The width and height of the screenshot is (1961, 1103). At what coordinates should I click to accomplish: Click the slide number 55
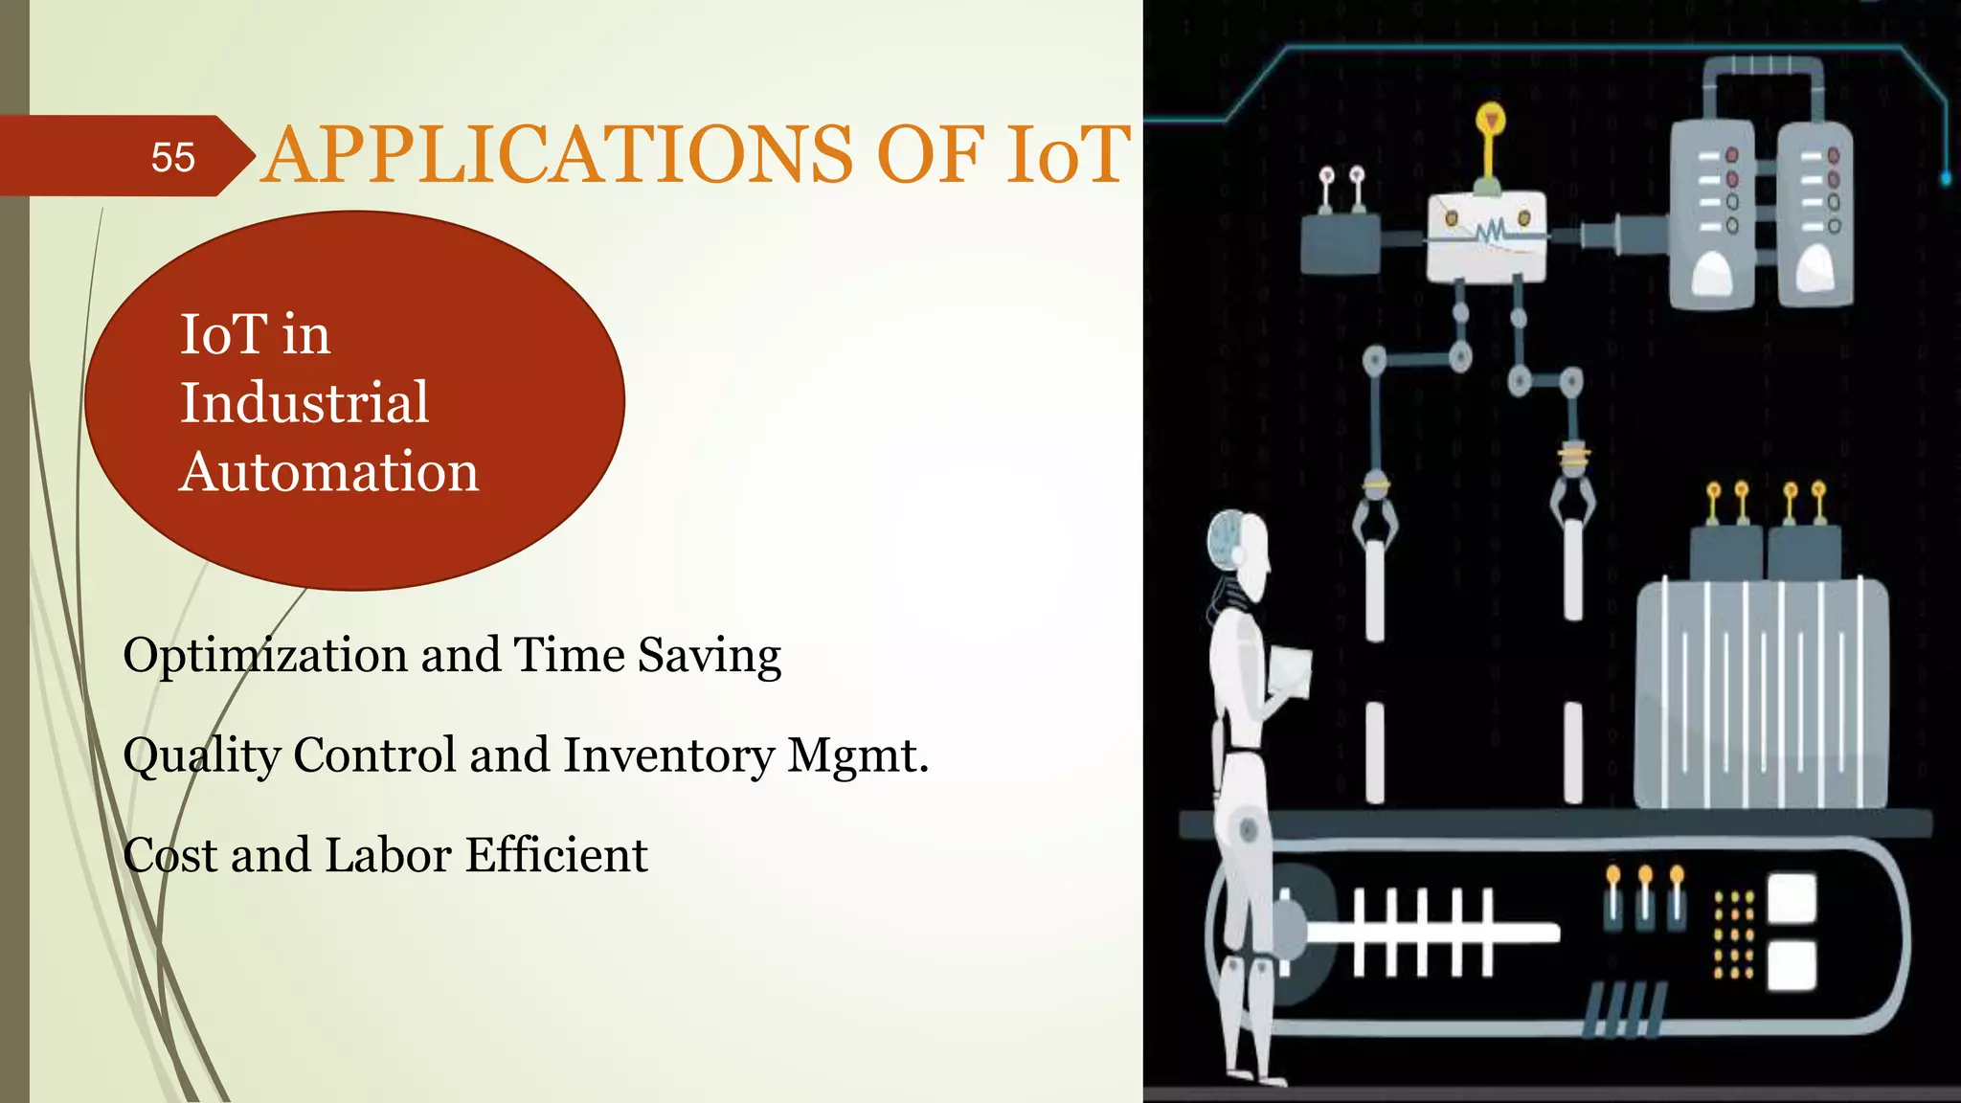coord(173,157)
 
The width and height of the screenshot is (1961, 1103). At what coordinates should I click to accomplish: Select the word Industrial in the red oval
coord(304,402)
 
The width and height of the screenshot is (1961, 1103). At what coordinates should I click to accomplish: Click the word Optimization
coord(265,657)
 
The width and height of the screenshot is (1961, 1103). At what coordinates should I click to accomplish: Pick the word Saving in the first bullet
coord(709,657)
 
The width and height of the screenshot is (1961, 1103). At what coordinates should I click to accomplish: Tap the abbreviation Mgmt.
coord(858,756)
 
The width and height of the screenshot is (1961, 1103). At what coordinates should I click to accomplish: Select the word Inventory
coord(668,756)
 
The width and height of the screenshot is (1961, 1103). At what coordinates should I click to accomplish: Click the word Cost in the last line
coord(170,855)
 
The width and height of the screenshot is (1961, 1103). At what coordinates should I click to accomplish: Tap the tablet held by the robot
coord(1289,671)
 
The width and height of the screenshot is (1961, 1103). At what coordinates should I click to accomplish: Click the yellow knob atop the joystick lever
coord(1490,120)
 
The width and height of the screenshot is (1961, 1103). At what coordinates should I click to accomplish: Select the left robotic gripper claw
coord(1375,517)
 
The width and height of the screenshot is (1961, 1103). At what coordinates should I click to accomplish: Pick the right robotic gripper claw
coord(1573,498)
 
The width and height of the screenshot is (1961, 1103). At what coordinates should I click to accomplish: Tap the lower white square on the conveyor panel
coord(1792,964)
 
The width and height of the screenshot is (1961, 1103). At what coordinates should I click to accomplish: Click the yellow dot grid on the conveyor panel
coord(1733,934)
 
